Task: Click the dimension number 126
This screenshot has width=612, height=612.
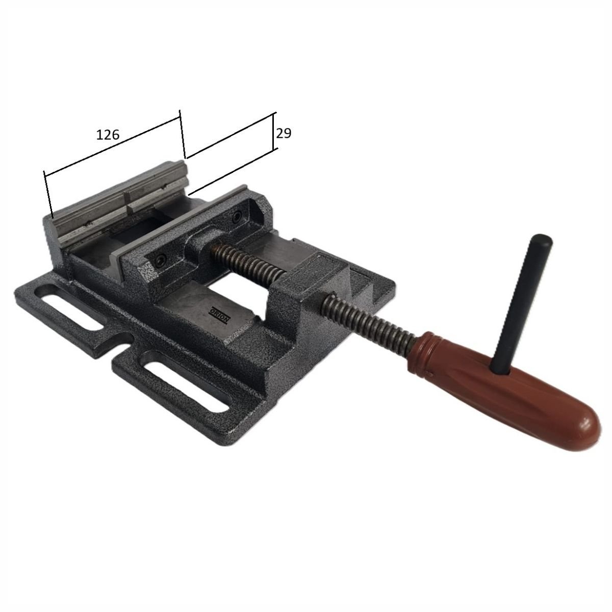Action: coord(108,135)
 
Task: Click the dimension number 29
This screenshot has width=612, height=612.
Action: coord(284,134)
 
